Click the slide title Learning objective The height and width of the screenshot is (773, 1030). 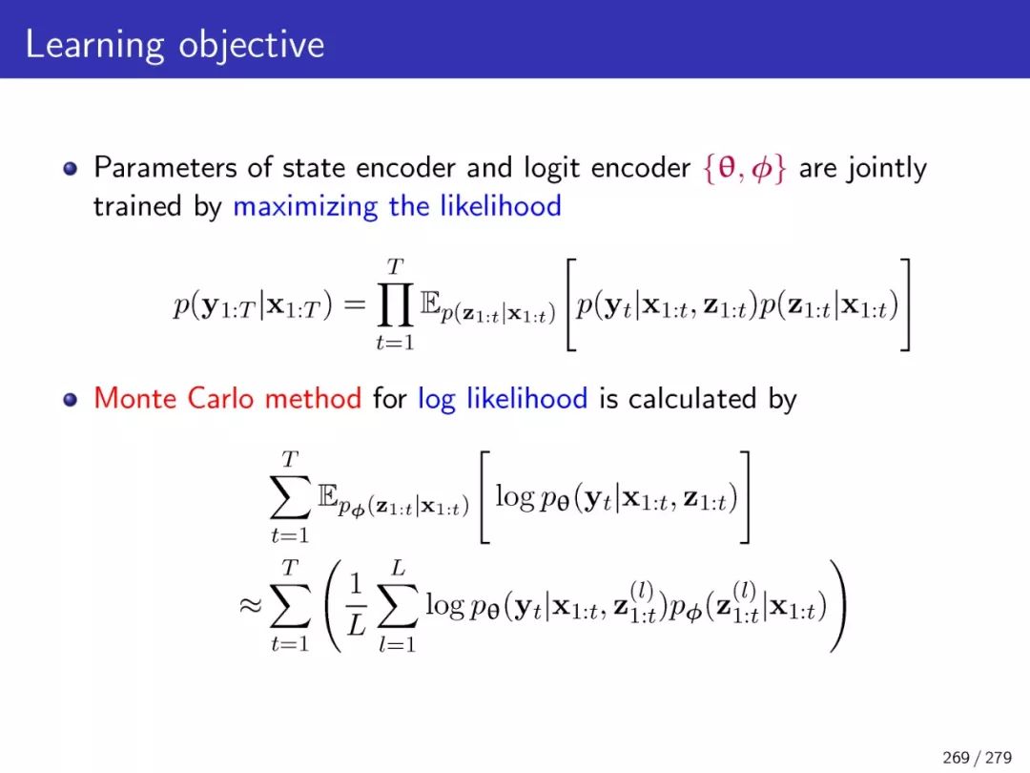point(175,46)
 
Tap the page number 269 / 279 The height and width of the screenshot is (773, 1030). point(977,757)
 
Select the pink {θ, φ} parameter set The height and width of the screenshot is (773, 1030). point(744,168)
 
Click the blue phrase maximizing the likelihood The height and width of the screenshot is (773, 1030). point(397,206)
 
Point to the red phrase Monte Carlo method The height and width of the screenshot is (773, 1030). point(227,398)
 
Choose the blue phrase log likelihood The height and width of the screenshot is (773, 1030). point(503,399)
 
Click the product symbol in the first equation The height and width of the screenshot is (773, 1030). point(395,305)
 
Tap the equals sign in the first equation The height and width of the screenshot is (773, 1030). point(354,303)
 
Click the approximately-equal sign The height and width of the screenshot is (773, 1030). point(250,605)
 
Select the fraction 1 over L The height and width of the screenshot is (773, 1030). point(356,605)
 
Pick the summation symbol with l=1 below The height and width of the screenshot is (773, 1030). point(398,605)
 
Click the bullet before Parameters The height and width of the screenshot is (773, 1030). point(71,169)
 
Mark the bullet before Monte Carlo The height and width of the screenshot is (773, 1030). point(71,400)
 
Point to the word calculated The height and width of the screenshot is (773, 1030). point(692,398)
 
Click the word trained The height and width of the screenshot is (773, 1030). point(137,206)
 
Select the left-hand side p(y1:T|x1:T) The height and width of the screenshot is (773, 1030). point(253,305)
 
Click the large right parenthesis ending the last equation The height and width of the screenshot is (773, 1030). point(837,605)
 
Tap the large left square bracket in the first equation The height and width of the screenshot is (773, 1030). point(571,305)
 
